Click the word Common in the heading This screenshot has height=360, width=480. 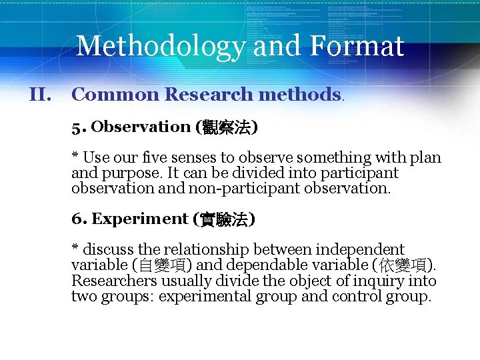tap(115, 95)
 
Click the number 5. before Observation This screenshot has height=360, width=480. tap(79, 127)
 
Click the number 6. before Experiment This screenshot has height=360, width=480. tap(79, 219)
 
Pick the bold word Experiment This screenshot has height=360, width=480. tap(140, 219)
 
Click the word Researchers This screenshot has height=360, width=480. tap(114, 281)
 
